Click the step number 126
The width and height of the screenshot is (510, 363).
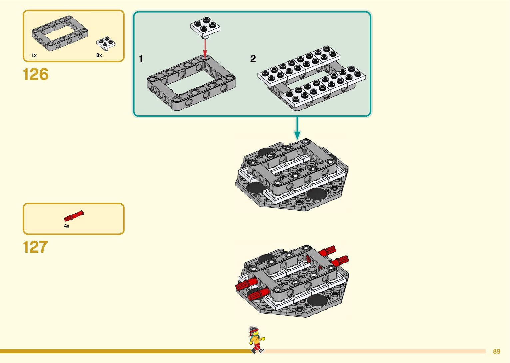(36, 74)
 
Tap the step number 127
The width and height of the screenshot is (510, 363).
(35, 247)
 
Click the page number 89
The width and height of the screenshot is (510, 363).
(496, 351)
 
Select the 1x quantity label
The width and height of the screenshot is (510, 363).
(34, 55)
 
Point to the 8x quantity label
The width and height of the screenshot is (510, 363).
(99, 55)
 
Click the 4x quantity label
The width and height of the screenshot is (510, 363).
(67, 226)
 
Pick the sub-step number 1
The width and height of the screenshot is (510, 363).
(141, 59)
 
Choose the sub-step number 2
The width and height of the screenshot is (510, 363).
(253, 59)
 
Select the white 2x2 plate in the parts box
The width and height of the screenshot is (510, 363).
(106, 43)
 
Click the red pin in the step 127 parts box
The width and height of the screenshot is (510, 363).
(74, 216)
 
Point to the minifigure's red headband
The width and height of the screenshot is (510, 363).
(254, 331)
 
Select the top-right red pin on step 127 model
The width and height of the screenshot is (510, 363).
(328, 251)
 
